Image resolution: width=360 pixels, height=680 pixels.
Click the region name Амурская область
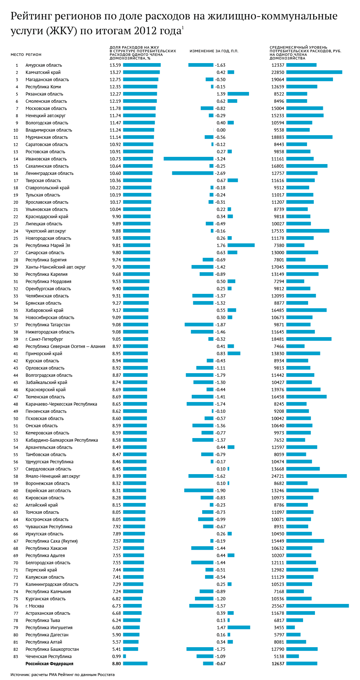point(44,65)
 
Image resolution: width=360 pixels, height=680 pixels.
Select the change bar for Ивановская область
point(188,159)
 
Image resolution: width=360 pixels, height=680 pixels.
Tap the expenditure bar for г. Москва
point(317,606)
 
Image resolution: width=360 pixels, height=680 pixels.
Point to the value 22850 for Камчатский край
point(278,72)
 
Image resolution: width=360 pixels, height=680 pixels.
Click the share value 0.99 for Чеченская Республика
point(116,656)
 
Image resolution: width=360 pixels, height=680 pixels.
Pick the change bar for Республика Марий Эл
point(241,245)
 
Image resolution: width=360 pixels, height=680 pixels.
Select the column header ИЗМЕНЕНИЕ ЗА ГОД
point(214,51)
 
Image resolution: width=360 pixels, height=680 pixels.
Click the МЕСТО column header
point(17,54)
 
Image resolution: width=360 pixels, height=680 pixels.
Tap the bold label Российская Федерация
point(49,663)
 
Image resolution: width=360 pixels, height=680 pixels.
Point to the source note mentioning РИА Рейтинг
point(62,674)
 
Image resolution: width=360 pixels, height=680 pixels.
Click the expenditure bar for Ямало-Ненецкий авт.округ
point(316,476)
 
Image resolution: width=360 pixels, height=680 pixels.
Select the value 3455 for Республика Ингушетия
point(279,627)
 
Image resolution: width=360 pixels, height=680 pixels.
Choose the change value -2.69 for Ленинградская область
point(220,173)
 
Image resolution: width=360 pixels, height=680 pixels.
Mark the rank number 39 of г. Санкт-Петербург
point(16,339)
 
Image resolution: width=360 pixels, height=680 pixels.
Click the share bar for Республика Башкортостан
point(130,649)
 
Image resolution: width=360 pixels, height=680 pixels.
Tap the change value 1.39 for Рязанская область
point(221,94)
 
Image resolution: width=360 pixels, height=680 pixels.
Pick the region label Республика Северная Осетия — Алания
point(65,346)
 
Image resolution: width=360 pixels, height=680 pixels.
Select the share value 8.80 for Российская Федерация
point(116,663)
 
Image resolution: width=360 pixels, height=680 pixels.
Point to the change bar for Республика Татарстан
point(199,324)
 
